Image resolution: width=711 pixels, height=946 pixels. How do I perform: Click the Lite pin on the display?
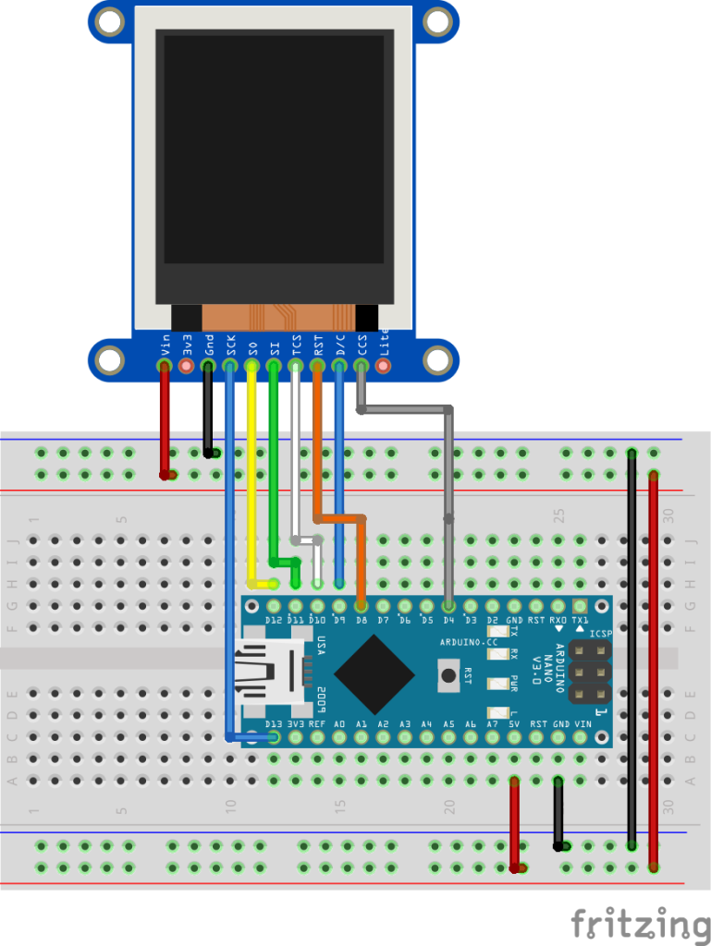pyautogui.click(x=383, y=367)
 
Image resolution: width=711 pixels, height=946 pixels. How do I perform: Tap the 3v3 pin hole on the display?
pyautogui.click(x=186, y=367)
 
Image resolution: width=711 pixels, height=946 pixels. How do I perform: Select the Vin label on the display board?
pyautogui.click(x=165, y=346)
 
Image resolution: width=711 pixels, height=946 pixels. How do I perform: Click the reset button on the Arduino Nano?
pyautogui.click(x=449, y=673)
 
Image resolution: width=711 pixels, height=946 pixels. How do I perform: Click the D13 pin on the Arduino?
pyautogui.click(x=273, y=737)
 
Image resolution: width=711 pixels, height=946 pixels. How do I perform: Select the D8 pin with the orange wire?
pyautogui.click(x=361, y=606)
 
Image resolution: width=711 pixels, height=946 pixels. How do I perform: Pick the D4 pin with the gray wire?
pyautogui.click(x=448, y=606)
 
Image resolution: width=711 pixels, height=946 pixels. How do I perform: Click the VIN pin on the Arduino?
pyautogui.click(x=582, y=737)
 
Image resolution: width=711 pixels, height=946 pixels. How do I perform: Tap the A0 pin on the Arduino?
pyautogui.click(x=339, y=737)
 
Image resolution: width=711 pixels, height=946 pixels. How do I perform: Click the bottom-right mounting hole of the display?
pyautogui.click(x=436, y=358)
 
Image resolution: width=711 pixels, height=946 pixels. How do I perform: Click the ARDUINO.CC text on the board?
pyautogui.click(x=469, y=639)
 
